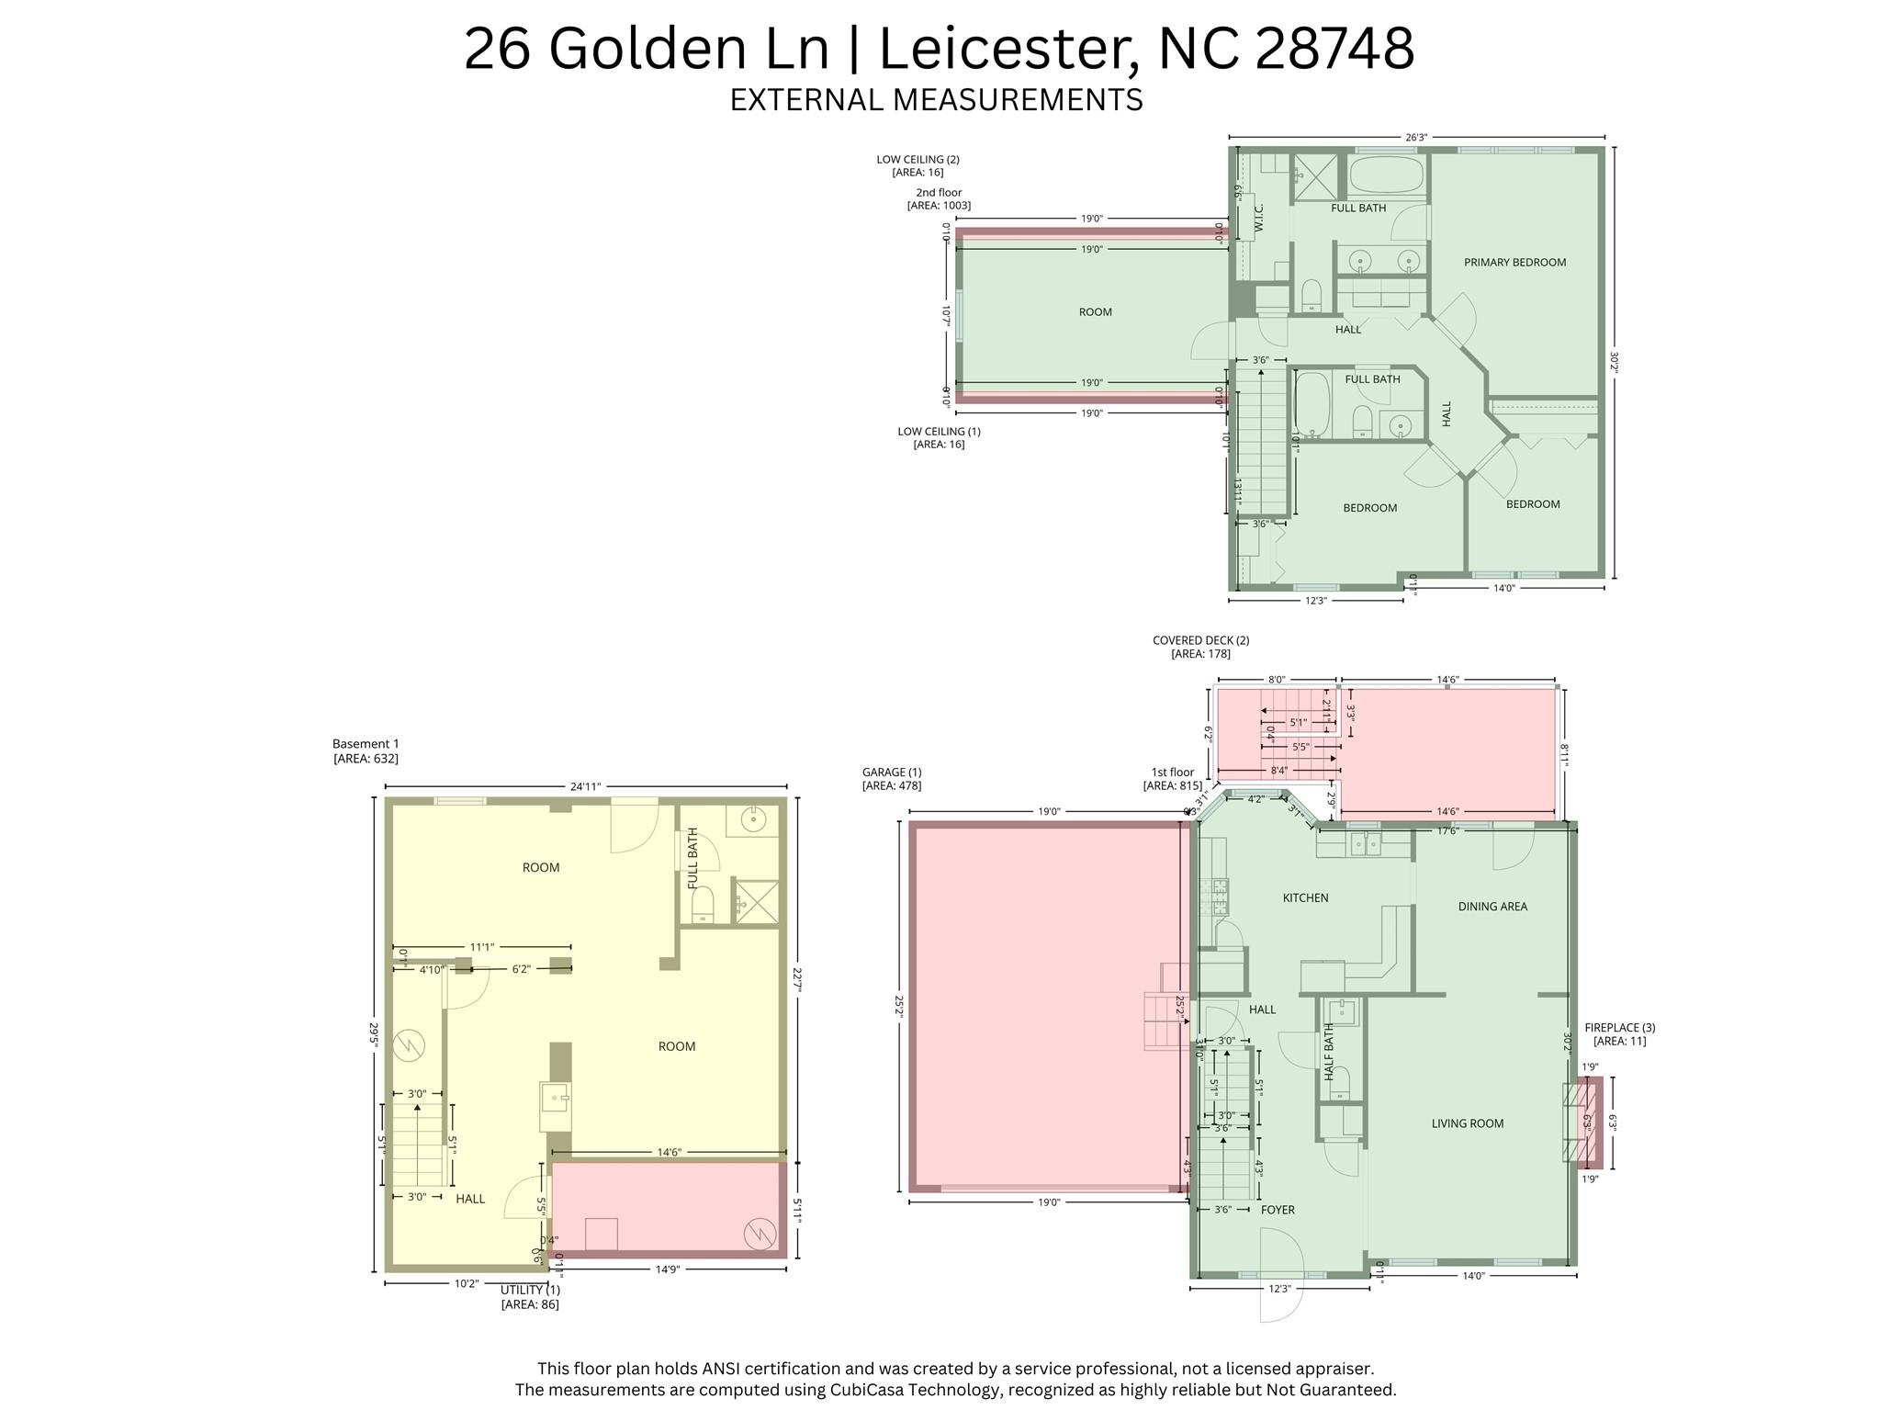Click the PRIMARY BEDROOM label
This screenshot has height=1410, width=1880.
(1514, 263)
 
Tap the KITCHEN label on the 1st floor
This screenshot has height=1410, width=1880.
(1305, 898)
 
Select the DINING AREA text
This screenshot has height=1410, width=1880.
(1492, 907)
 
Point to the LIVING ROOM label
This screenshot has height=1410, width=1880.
(1467, 1123)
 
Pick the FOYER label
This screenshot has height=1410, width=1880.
(1278, 1211)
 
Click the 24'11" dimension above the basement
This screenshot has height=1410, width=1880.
(585, 787)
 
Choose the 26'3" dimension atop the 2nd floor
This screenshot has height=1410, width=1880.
(1416, 138)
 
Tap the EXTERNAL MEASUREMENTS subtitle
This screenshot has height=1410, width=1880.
(936, 99)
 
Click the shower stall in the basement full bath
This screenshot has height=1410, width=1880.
(756, 901)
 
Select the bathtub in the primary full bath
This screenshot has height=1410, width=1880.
(1387, 175)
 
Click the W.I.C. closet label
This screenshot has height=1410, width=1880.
(1259, 218)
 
